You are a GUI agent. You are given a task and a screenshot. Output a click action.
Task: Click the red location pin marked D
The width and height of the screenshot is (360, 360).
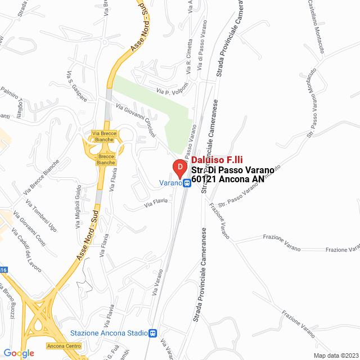coord(178,168)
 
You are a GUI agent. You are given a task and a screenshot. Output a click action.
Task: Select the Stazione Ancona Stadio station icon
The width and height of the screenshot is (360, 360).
coord(152,332)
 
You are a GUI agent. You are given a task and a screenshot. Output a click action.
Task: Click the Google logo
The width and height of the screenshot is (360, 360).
coord(19,353)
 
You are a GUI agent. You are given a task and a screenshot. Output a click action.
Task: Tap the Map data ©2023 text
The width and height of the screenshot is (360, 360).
coord(335,355)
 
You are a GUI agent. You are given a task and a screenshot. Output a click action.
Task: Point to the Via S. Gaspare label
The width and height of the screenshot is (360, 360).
coord(77,86)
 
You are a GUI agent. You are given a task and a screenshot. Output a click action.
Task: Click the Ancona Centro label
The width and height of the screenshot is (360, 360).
coord(64,345)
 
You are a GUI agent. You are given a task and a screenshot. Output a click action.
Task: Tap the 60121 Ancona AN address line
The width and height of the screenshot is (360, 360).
coord(227,179)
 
